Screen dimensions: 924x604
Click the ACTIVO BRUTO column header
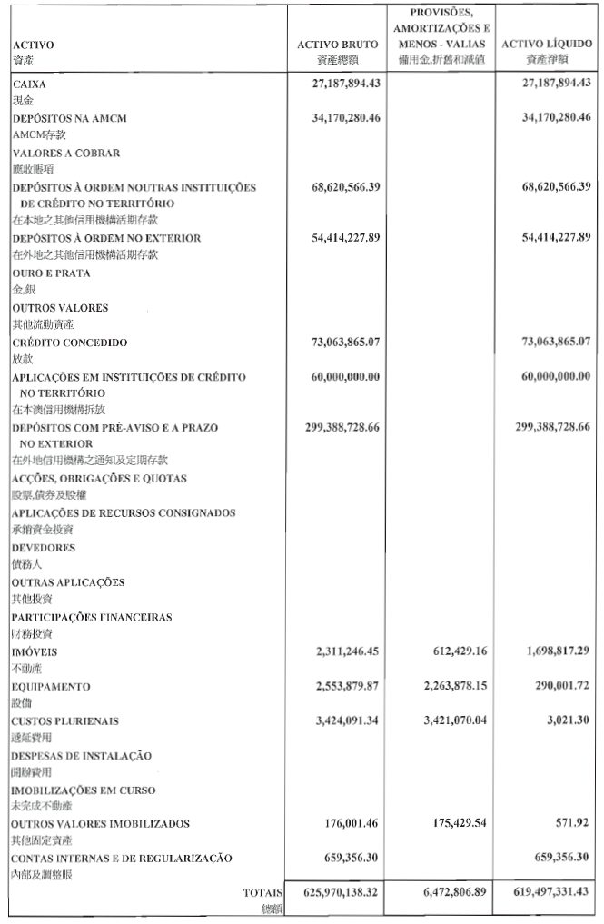pos(337,44)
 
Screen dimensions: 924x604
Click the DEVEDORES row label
pos(44,548)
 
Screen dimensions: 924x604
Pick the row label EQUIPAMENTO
pos(51,686)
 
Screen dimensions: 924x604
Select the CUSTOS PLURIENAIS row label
pos(65,720)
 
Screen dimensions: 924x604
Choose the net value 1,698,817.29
pos(554,651)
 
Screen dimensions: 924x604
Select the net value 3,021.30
pos(570,720)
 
